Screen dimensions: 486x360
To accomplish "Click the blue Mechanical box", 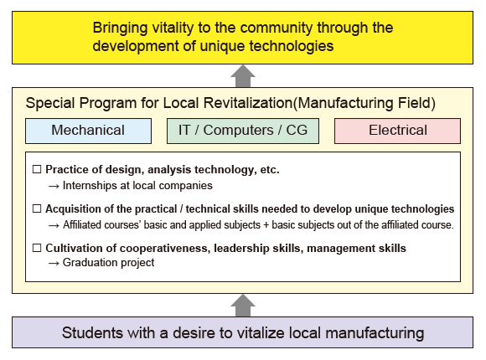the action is pos(88,131).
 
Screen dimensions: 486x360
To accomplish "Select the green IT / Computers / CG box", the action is pos(243,131).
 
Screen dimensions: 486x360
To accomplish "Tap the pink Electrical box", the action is pos(397,131).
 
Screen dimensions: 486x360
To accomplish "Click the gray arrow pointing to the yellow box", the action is pos(243,76).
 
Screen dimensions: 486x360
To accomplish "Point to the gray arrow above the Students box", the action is pos(243,306).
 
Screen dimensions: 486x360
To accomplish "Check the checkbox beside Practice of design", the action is pos(37,169).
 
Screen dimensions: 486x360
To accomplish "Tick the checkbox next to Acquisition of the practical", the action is pos(37,208).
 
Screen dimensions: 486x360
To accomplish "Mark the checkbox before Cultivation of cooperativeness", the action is pos(37,248).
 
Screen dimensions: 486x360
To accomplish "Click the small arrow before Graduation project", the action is pos(54,264).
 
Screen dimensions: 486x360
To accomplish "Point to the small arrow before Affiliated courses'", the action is pos(54,225).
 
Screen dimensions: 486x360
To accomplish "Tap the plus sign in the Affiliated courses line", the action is pos(266,225).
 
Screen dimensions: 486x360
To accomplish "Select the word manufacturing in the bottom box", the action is pos(375,333).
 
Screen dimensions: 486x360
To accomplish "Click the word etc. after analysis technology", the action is pos(270,170).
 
